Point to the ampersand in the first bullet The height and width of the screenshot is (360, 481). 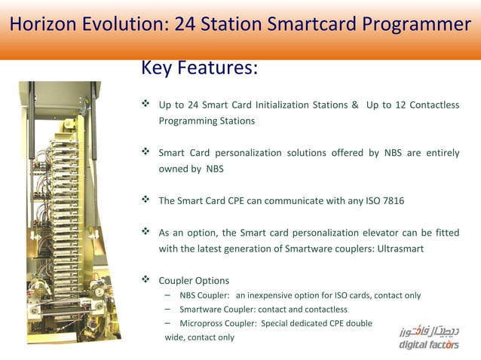[354, 105]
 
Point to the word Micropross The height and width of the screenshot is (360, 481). [203, 323]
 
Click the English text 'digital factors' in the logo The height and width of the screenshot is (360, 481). [428, 345]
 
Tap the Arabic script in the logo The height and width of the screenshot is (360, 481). [428, 331]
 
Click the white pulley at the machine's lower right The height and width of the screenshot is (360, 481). [98, 289]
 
